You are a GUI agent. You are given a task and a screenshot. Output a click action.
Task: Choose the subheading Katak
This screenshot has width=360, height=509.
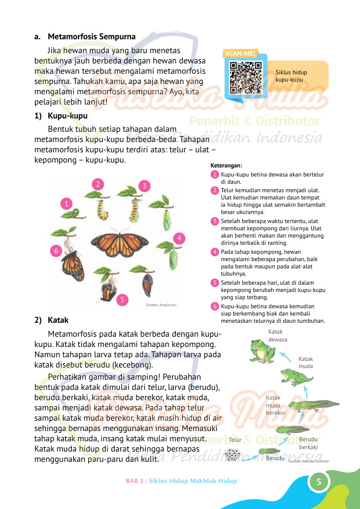(57, 321)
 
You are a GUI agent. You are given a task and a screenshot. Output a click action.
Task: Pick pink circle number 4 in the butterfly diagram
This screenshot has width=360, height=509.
(179, 238)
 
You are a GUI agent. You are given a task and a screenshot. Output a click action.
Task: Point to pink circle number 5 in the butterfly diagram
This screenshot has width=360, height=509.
(122, 299)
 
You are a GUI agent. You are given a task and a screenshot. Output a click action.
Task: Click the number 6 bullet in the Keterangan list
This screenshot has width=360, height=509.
(214, 307)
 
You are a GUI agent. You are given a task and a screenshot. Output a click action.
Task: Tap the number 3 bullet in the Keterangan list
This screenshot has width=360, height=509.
(214, 221)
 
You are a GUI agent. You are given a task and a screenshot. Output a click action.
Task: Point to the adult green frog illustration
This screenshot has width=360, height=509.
(262, 351)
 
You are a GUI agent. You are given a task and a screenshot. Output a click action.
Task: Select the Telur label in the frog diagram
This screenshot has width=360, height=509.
(236, 440)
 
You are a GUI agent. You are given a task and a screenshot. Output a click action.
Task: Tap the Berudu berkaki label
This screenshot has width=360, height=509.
(309, 443)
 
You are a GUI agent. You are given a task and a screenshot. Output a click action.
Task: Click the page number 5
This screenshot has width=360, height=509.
(318, 482)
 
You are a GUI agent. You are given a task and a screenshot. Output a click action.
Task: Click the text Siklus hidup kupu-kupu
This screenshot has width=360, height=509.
(291, 76)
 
